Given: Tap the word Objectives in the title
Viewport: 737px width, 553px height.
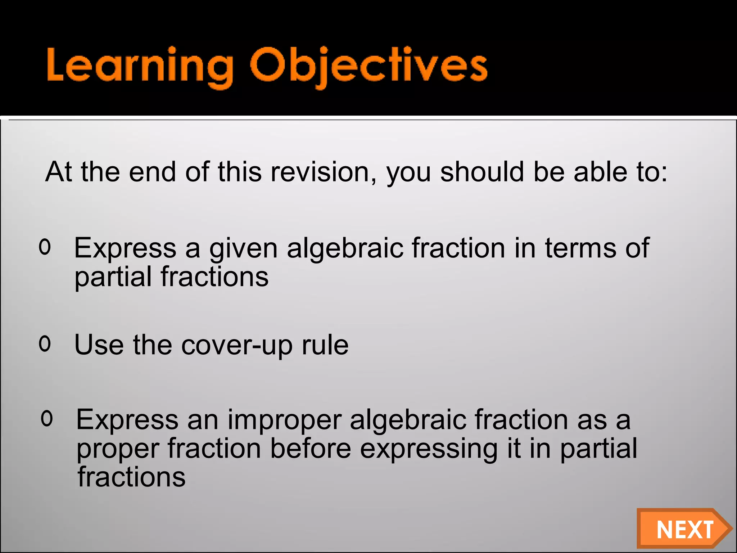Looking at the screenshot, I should point(368,67).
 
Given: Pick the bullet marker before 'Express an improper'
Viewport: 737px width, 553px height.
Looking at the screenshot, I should point(47,418).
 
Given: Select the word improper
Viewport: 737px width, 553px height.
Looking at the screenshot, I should point(284,421).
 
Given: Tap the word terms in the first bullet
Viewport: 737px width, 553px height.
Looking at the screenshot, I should point(580,248).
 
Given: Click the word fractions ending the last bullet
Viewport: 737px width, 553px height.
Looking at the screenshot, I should point(132,477).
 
